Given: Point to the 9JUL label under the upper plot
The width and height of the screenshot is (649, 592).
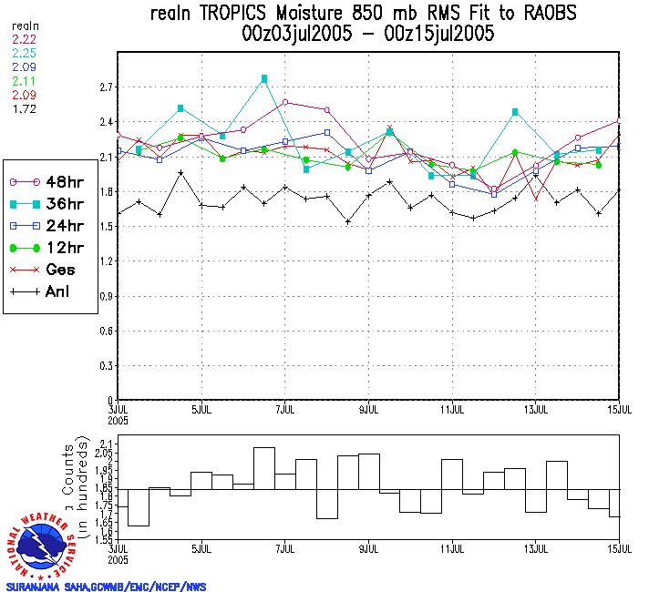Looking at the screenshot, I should tap(369, 410).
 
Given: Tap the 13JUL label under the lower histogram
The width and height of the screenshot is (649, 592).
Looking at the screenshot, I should tap(536, 550).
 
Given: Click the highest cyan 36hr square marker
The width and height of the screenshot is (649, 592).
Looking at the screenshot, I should tap(264, 79).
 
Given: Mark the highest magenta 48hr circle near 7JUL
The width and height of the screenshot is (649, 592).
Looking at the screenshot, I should tap(285, 102).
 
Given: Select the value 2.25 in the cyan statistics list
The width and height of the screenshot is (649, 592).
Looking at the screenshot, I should tap(24, 53).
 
